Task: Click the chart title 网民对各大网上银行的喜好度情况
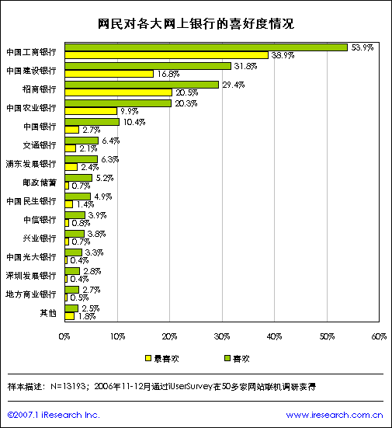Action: [196, 24]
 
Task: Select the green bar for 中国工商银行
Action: [206, 47]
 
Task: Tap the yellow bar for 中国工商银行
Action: [167, 55]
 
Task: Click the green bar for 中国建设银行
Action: [147, 66]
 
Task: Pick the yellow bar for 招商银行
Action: [119, 92]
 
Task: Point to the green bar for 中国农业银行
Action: [118, 103]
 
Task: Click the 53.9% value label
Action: [363, 47]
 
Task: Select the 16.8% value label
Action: [168, 74]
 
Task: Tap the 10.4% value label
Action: [134, 122]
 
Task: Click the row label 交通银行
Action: [40, 145]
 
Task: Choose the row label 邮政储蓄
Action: [40, 183]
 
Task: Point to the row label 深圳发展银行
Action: [31, 276]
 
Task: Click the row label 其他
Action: [48, 313]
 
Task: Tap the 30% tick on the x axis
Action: [222, 337]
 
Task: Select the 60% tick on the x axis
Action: [379, 337]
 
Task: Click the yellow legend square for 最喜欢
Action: [148, 358]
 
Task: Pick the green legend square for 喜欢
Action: [227, 358]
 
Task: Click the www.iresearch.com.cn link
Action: [335, 415]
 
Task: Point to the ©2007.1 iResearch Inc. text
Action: [54, 415]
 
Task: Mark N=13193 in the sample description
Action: [68, 387]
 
